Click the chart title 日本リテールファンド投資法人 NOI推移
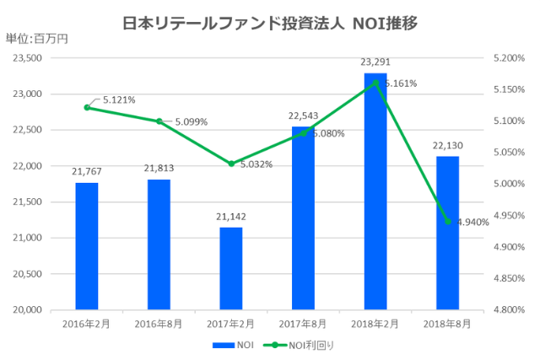pyautogui.click(x=269, y=18)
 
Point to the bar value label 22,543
pyautogui.click(x=303, y=116)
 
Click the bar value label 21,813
pyautogui.click(x=158, y=169)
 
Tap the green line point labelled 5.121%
pyautogui.click(x=87, y=107)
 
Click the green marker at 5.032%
pyautogui.click(x=231, y=164)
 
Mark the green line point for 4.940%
pyautogui.click(x=447, y=222)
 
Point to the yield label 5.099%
pyautogui.click(x=193, y=122)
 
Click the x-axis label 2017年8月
pyautogui.click(x=303, y=323)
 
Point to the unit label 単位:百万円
pyautogui.click(x=36, y=39)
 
